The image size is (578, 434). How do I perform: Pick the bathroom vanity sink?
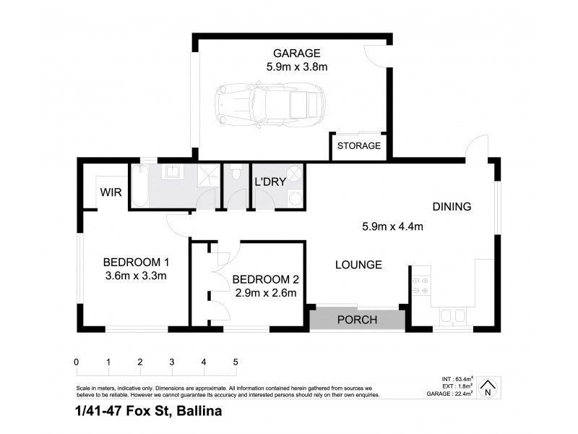173,173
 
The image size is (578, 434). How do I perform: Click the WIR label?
111,193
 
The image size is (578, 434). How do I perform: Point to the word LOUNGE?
358,265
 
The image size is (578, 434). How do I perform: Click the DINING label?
452,206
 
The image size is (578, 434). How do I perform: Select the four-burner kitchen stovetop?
420,283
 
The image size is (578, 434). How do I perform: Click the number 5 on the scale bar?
236,362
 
